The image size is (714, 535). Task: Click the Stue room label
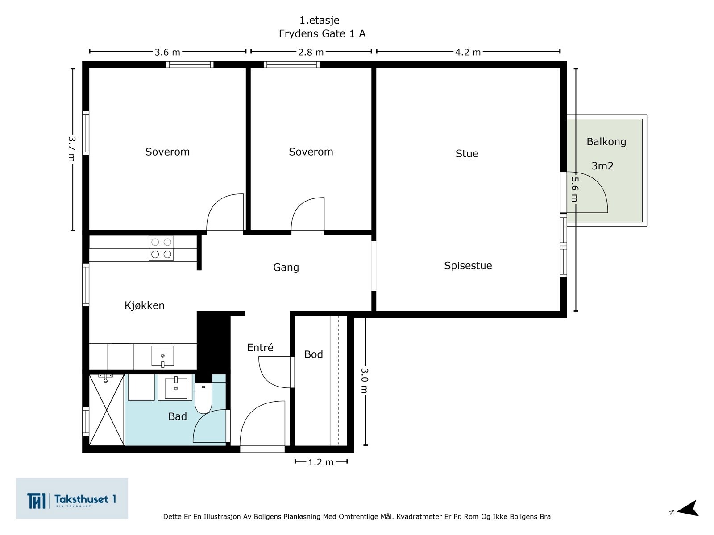466,154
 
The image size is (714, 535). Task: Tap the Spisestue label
468,266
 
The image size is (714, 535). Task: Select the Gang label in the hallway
286,267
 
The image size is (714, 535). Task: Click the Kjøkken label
145,305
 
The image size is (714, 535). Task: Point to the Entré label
260,347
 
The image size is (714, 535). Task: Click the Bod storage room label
314,354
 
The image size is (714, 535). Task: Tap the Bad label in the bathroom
177,416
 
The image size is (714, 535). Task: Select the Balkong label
606,142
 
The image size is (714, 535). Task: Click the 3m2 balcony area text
602,166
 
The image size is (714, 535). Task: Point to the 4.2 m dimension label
468,52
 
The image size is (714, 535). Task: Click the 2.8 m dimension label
311,52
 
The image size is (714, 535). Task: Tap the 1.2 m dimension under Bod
321,462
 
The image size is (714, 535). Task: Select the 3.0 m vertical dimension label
365,380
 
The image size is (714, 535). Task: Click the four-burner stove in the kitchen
162,248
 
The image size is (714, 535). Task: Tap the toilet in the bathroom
203,398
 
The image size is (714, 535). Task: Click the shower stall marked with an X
107,410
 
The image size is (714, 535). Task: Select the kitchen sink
162,356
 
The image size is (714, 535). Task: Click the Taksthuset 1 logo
72,498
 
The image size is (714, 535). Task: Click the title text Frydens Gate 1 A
322,34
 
